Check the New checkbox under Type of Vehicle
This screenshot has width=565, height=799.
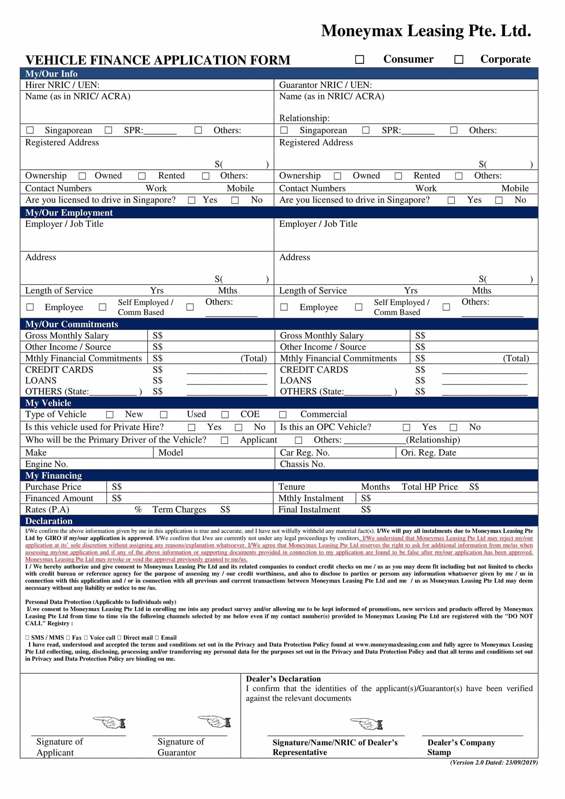(110, 415)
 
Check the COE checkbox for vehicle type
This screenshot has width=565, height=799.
(225, 415)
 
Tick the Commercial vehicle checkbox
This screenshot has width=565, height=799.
(283, 415)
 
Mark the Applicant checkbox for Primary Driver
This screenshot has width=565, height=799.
(225, 440)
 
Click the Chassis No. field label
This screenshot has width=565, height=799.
(302, 464)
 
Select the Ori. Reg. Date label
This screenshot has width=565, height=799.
(428, 452)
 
